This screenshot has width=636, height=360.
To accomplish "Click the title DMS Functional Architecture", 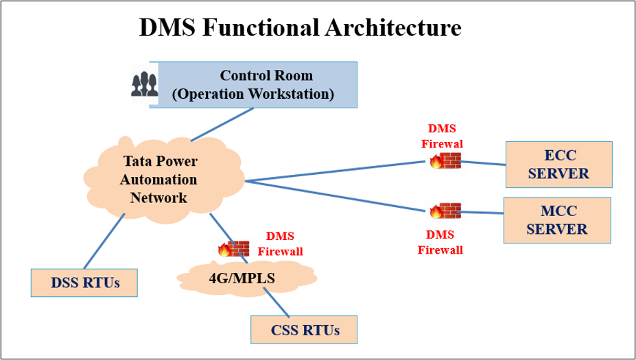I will point(300,27).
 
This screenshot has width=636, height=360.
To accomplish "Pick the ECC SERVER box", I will point(558,165).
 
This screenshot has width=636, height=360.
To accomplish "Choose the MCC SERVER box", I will point(556,220).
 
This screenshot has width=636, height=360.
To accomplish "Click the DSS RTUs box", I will point(84,283).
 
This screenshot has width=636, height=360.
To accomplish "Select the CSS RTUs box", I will point(305,330).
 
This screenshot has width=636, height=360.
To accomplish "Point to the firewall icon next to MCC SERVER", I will point(445,211).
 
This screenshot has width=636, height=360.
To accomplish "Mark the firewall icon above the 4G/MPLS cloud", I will point(234,248).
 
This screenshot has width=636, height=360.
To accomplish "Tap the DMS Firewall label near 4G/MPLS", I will point(280,243).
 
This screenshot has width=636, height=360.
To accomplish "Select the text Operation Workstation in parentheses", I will point(252,94).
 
